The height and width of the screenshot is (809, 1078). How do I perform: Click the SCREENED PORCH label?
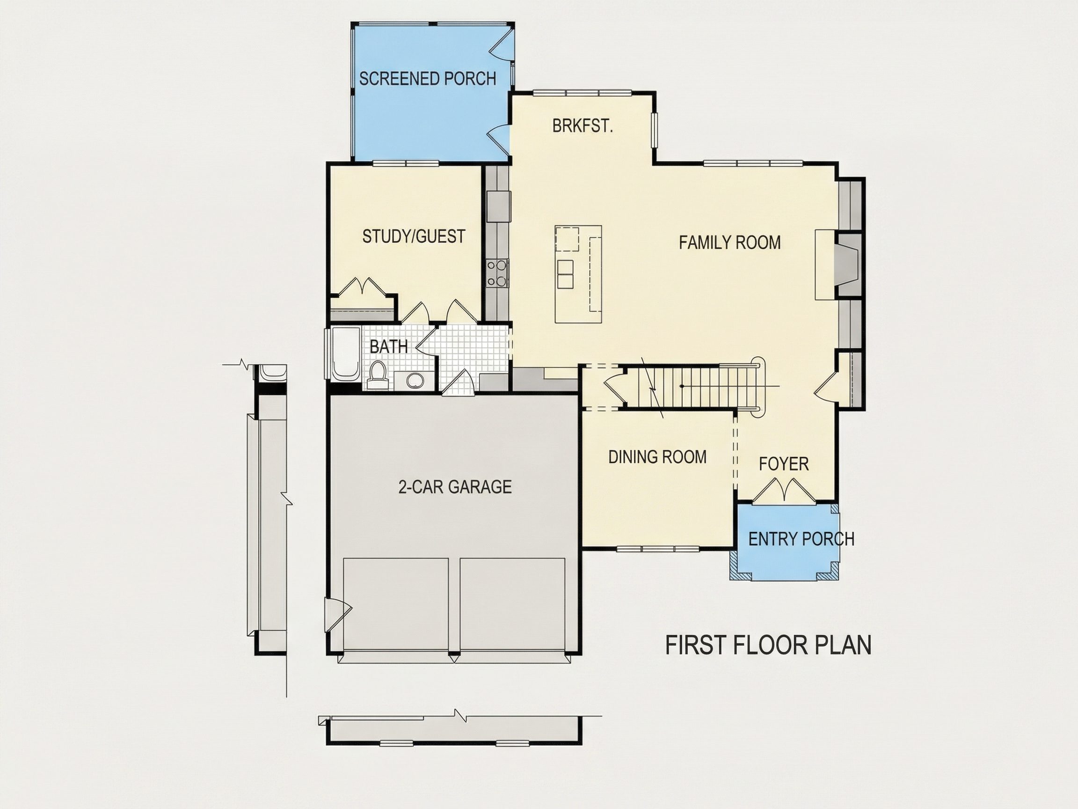[x=427, y=79]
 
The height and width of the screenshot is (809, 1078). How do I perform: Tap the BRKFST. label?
[x=583, y=126]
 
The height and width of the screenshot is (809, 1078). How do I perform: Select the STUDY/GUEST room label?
[x=413, y=236]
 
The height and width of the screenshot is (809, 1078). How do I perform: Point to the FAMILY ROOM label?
[x=729, y=243]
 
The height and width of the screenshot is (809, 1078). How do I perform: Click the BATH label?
[x=388, y=347]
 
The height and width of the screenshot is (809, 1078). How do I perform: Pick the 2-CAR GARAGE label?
[x=455, y=487]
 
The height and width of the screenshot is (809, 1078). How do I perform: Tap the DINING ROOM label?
[x=657, y=457]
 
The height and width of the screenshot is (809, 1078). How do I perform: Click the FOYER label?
[x=784, y=464]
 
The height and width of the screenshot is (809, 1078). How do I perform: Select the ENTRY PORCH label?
[x=801, y=539]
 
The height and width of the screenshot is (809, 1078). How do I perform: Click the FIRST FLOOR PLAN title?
[x=768, y=645]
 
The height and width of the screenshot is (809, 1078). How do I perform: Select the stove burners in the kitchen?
[x=497, y=273]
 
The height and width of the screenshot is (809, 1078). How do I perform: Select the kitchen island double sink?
[x=565, y=274]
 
